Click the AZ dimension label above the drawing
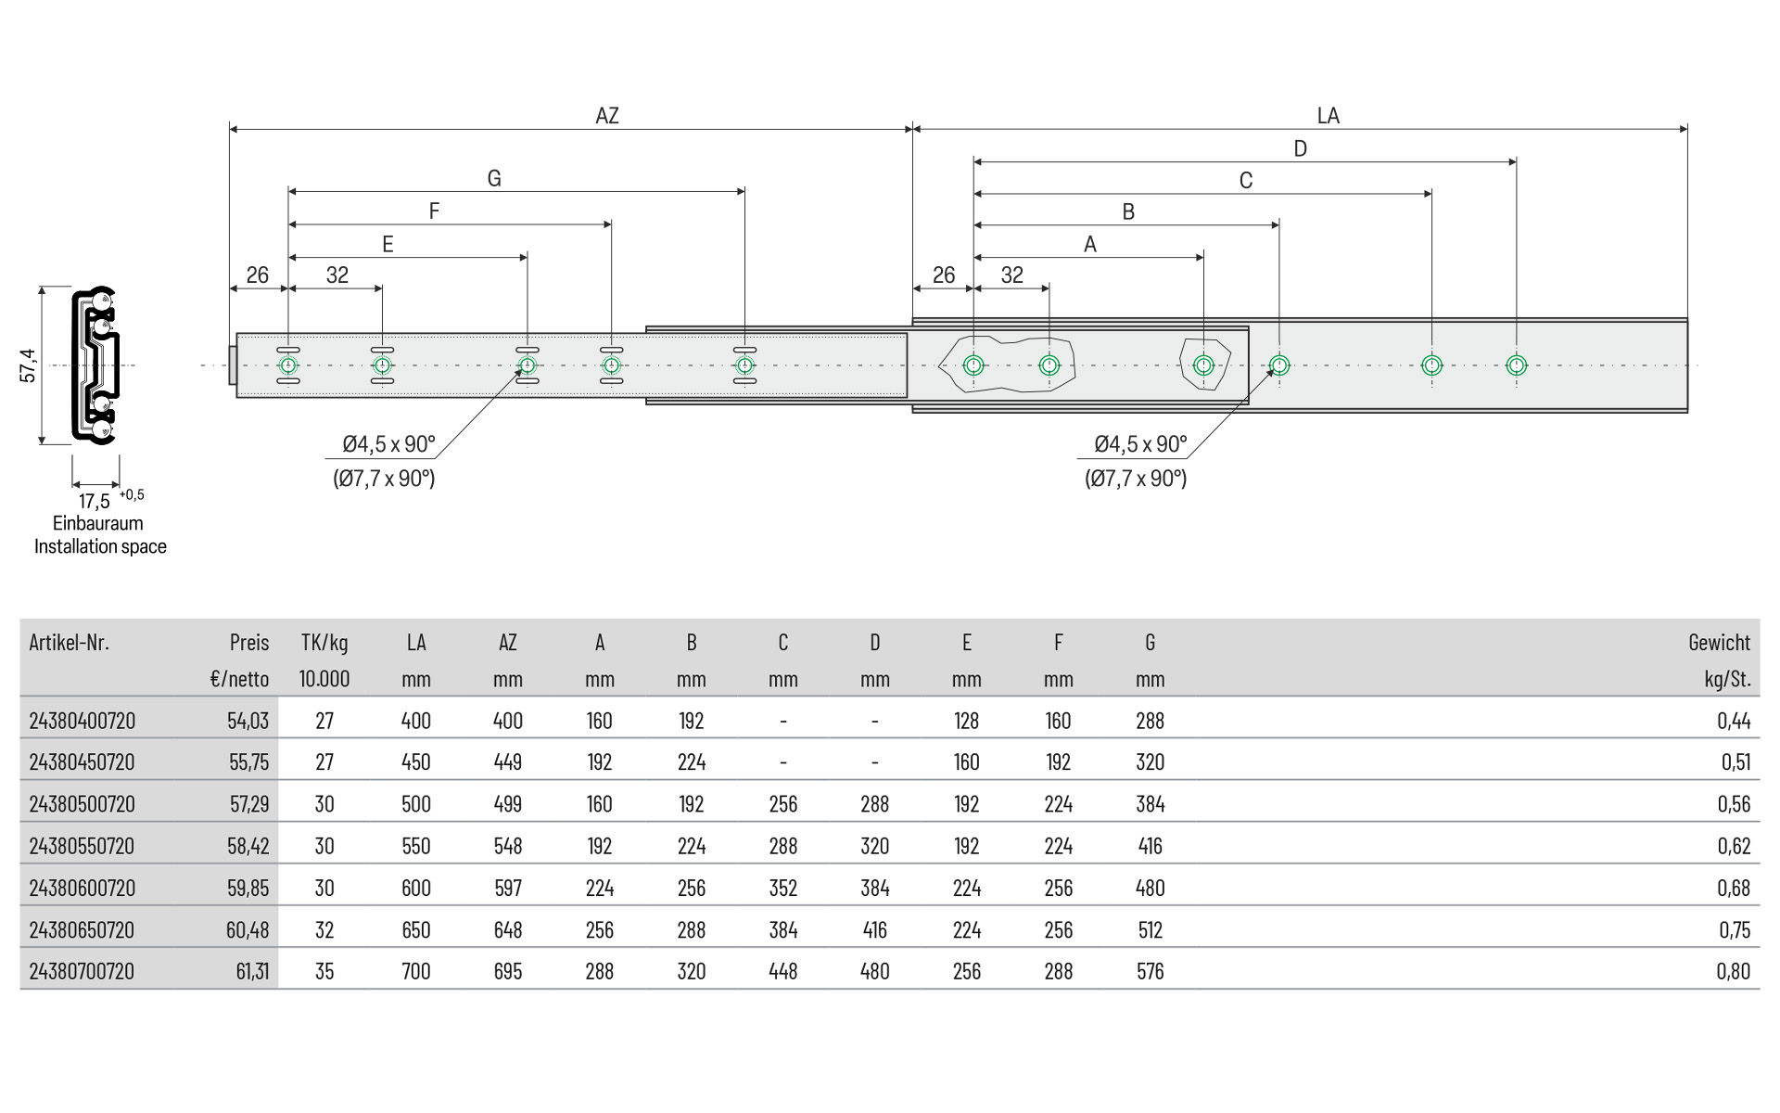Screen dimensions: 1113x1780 point(606,116)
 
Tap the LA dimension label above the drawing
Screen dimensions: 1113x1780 point(1328,116)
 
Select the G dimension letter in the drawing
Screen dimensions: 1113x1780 point(494,179)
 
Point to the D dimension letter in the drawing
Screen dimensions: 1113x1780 point(1300,149)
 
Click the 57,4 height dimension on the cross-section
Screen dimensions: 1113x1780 point(29,365)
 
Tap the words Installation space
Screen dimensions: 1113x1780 point(100,546)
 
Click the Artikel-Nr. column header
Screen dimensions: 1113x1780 point(70,642)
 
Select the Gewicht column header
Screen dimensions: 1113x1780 point(1719,642)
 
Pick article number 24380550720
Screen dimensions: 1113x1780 point(82,846)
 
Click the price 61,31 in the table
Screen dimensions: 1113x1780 point(252,971)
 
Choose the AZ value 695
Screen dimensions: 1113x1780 point(508,971)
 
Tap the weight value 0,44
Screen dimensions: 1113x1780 point(1734,721)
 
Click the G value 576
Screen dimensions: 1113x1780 point(1150,971)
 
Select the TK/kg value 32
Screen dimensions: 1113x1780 point(324,929)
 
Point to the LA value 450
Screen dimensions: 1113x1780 point(416,762)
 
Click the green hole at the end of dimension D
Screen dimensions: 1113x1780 point(1516,365)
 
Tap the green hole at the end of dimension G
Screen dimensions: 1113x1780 point(744,365)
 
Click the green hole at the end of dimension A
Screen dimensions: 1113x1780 point(1203,365)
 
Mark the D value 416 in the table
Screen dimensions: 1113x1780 point(874,929)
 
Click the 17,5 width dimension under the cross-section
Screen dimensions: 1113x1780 point(95,502)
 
